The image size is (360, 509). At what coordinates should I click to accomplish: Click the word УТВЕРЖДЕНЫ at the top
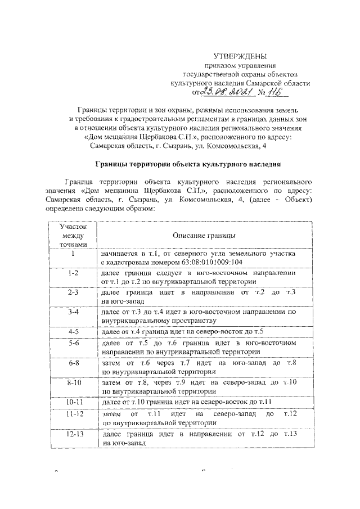[x=240, y=56]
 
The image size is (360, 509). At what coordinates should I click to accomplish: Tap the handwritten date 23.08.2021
[x=223, y=92]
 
